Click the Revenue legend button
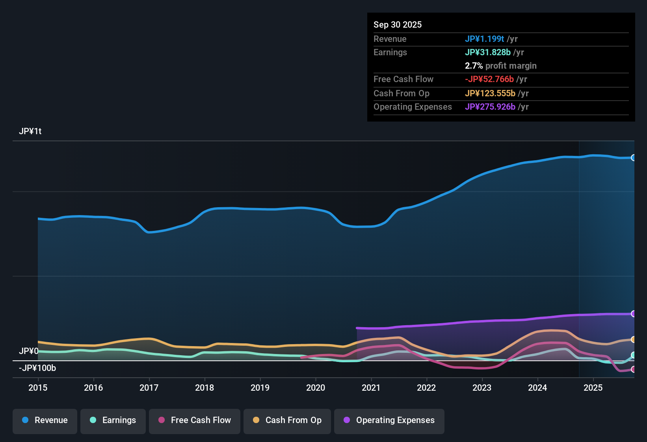pos(45,421)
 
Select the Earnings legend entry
pos(113,421)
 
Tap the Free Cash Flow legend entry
pos(195,421)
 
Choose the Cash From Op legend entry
pos(287,421)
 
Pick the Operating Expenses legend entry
pos(389,421)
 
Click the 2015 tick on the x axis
pos(38,388)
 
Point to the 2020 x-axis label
pos(316,388)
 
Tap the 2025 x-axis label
pos(593,388)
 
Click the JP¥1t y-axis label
pos(30,131)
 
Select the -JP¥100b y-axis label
pos(37,368)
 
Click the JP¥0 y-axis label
pos(28,351)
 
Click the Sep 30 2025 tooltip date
pos(397,25)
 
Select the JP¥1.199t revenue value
pos(484,39)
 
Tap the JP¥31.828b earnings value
pos(487,52)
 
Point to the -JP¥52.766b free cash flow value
pos(489,79)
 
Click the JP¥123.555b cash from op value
pos(490,94)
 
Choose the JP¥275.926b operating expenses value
pos(490,107)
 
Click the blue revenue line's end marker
pos(633,158)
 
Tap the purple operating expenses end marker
pos(633,314)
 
